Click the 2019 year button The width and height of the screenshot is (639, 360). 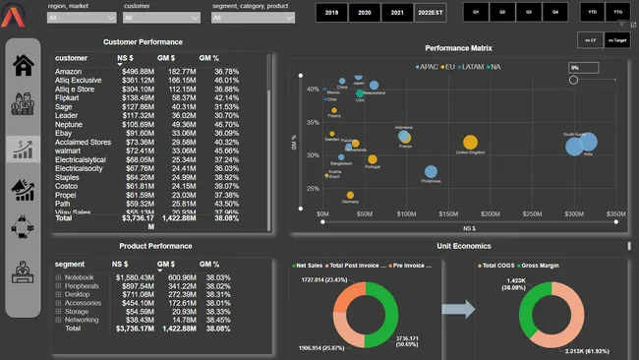point(331,13)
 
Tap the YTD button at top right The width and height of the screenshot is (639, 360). point(592,13)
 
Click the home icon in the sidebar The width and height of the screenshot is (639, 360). point(23,66)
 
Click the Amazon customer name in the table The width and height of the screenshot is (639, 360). point(69,72)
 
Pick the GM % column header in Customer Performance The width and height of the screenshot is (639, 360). point(209,58)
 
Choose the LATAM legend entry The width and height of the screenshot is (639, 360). point(470,66)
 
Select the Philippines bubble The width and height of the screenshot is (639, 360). point(431,170)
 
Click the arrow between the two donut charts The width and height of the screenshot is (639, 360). point(458,310)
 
